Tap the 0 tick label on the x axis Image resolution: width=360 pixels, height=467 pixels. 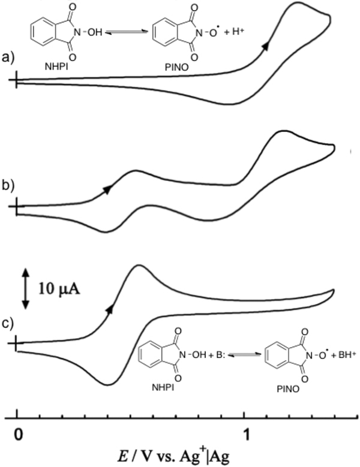pos(19,433)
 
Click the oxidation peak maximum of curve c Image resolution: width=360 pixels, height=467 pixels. pos(139,266)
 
